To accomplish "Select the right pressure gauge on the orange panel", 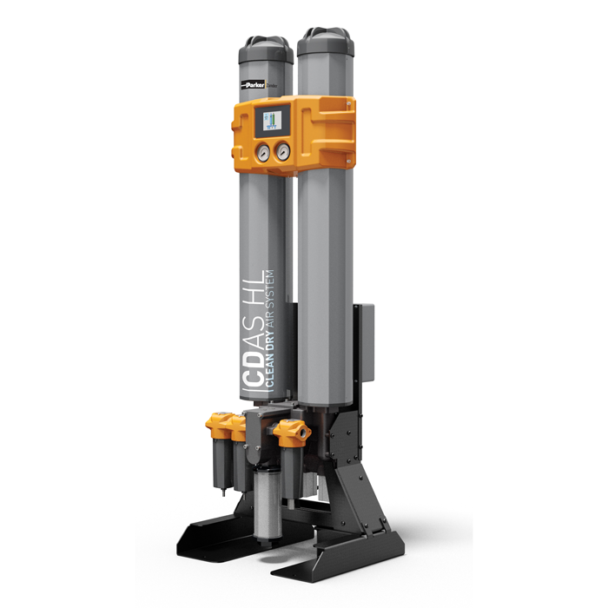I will [x=282, y=152].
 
